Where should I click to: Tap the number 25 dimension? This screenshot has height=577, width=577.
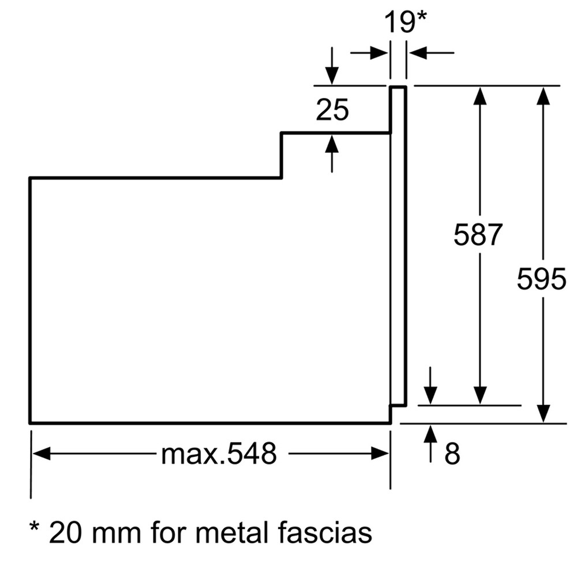[332, 110]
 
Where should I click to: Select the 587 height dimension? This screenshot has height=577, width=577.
[478, 234]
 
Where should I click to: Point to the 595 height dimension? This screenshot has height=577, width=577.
[541, 279]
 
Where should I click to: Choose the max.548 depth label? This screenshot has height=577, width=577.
[219, 454]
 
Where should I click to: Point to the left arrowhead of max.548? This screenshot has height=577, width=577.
[42, 454]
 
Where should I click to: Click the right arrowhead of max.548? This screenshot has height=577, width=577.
[380, 454]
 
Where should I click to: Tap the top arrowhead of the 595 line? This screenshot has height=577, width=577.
[544, 96]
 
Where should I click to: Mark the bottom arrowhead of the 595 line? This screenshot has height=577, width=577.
[544, 413]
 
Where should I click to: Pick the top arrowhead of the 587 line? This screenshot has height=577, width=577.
[480, 96]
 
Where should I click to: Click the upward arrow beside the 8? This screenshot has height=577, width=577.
[430, 444]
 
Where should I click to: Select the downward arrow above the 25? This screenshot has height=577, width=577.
[332, 66]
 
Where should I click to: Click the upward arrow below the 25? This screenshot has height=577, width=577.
[332, 153]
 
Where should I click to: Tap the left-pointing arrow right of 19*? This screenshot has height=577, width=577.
[431, 53]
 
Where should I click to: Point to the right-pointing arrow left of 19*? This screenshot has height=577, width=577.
[369, 53]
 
